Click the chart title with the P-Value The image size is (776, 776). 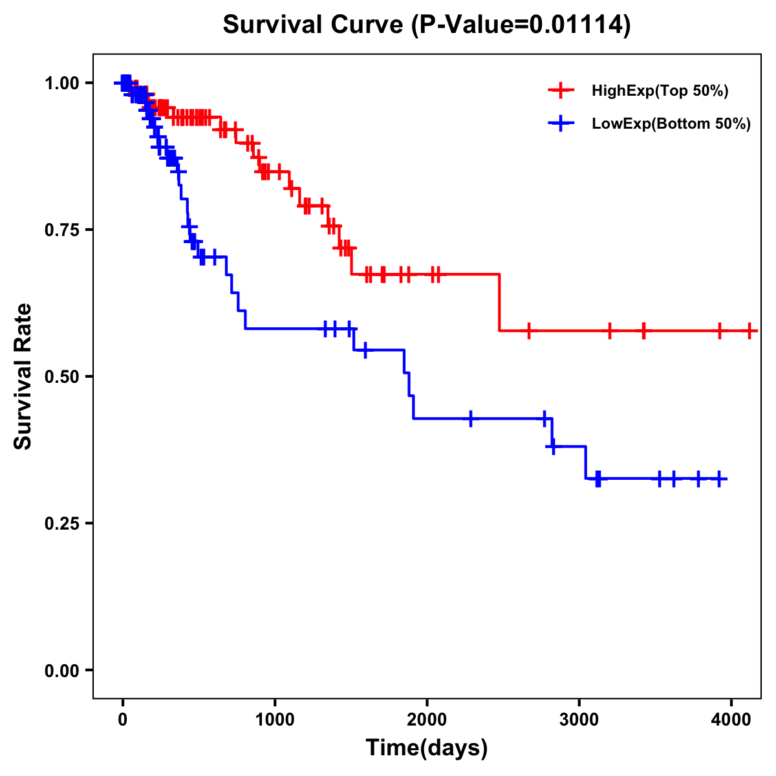tap(426, 25)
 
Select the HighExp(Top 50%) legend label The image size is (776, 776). tap(660, 91)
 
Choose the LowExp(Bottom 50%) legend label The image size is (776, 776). tap(671, 124)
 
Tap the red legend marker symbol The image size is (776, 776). tap(561, 91)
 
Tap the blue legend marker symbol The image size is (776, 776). tap(561, 124)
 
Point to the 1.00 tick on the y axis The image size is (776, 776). tap(61, 83)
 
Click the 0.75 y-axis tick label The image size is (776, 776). tap(61, 230)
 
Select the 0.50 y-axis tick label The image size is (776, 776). tap(61, 376)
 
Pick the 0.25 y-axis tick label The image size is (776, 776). tap(61, 523)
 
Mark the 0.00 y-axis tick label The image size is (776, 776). tap(61, 671)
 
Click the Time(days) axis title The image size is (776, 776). tap(427, 748)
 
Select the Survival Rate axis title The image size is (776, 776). tap(23, 376)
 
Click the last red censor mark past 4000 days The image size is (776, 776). tap(749, 330)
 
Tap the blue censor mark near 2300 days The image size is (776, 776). tap(471, 418)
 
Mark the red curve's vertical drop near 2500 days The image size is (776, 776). tap(500, 303)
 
